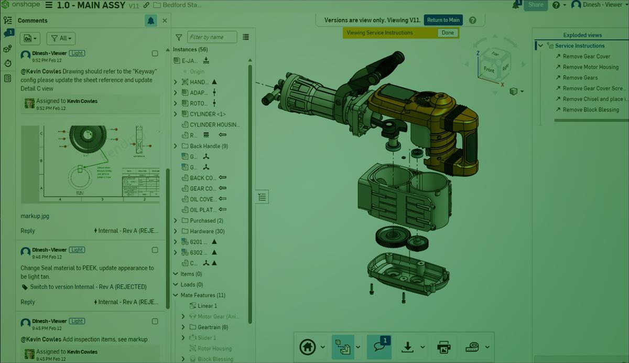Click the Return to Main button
point(443,20)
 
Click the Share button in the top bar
point(535,5)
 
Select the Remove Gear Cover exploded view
point(586,56)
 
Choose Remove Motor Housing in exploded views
point(590,67)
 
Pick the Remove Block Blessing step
point(591,110)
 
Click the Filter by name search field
point(212,37)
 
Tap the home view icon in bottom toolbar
point(308,347)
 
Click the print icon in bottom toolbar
point(443,347)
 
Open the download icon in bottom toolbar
point(407,347)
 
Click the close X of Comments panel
point(165,20)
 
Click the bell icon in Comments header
point(151,20)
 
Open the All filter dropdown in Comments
point(61,38)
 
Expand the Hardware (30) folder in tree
point(176,231)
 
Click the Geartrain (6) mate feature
point(212,327)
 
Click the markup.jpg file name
point(35,216)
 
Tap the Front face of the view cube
point(489,70)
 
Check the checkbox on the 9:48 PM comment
point(155,250)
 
